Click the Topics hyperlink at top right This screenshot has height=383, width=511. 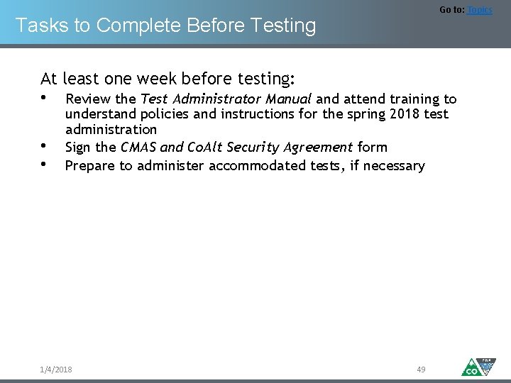coord(479,10)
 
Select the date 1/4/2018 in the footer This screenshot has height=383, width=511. coord(56,370)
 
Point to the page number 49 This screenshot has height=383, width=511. coord(421,370)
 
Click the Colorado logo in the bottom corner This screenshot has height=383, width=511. coord(478,367)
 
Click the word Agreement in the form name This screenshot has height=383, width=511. coord(319,148)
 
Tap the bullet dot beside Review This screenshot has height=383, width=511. coord(44,98)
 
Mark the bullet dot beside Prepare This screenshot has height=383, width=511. coord(44,165)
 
